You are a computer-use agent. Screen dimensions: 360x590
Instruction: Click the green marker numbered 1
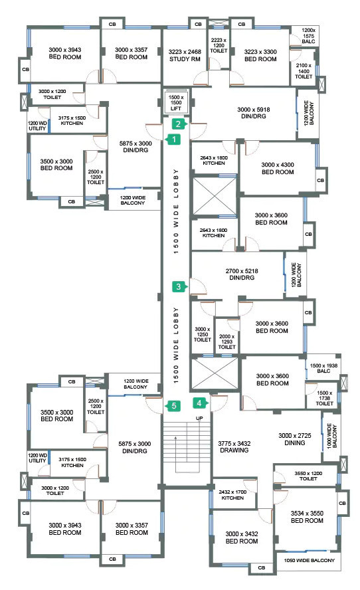point(173,140)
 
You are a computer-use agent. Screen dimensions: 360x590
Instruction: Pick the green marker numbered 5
point(173,405)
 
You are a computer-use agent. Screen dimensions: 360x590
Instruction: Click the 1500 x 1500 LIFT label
point(176,103)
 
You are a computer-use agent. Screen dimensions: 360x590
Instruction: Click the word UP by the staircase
point(199,418)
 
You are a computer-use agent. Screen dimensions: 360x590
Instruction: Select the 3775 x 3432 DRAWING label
point(234,446)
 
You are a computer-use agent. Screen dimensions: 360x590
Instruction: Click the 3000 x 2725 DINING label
point(295,439)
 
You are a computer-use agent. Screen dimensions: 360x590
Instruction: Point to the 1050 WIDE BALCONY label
point(310,560)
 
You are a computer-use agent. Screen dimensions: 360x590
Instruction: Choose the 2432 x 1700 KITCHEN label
point(232,495)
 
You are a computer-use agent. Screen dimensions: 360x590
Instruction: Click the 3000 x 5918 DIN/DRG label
point(254,113)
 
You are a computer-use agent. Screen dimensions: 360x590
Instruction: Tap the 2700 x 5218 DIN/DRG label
point(242,274)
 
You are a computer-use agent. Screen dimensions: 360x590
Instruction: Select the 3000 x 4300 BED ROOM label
point(278,168)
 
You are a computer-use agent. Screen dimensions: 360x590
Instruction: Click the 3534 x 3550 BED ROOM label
point(307,517)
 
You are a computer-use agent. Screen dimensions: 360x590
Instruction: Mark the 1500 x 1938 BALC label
point(323,368)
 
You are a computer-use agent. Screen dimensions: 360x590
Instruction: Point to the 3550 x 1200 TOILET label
point(308,476)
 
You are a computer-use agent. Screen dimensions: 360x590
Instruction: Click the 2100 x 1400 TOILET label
point(304,70)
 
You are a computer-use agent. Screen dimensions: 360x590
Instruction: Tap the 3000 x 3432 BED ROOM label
point(242,538)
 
